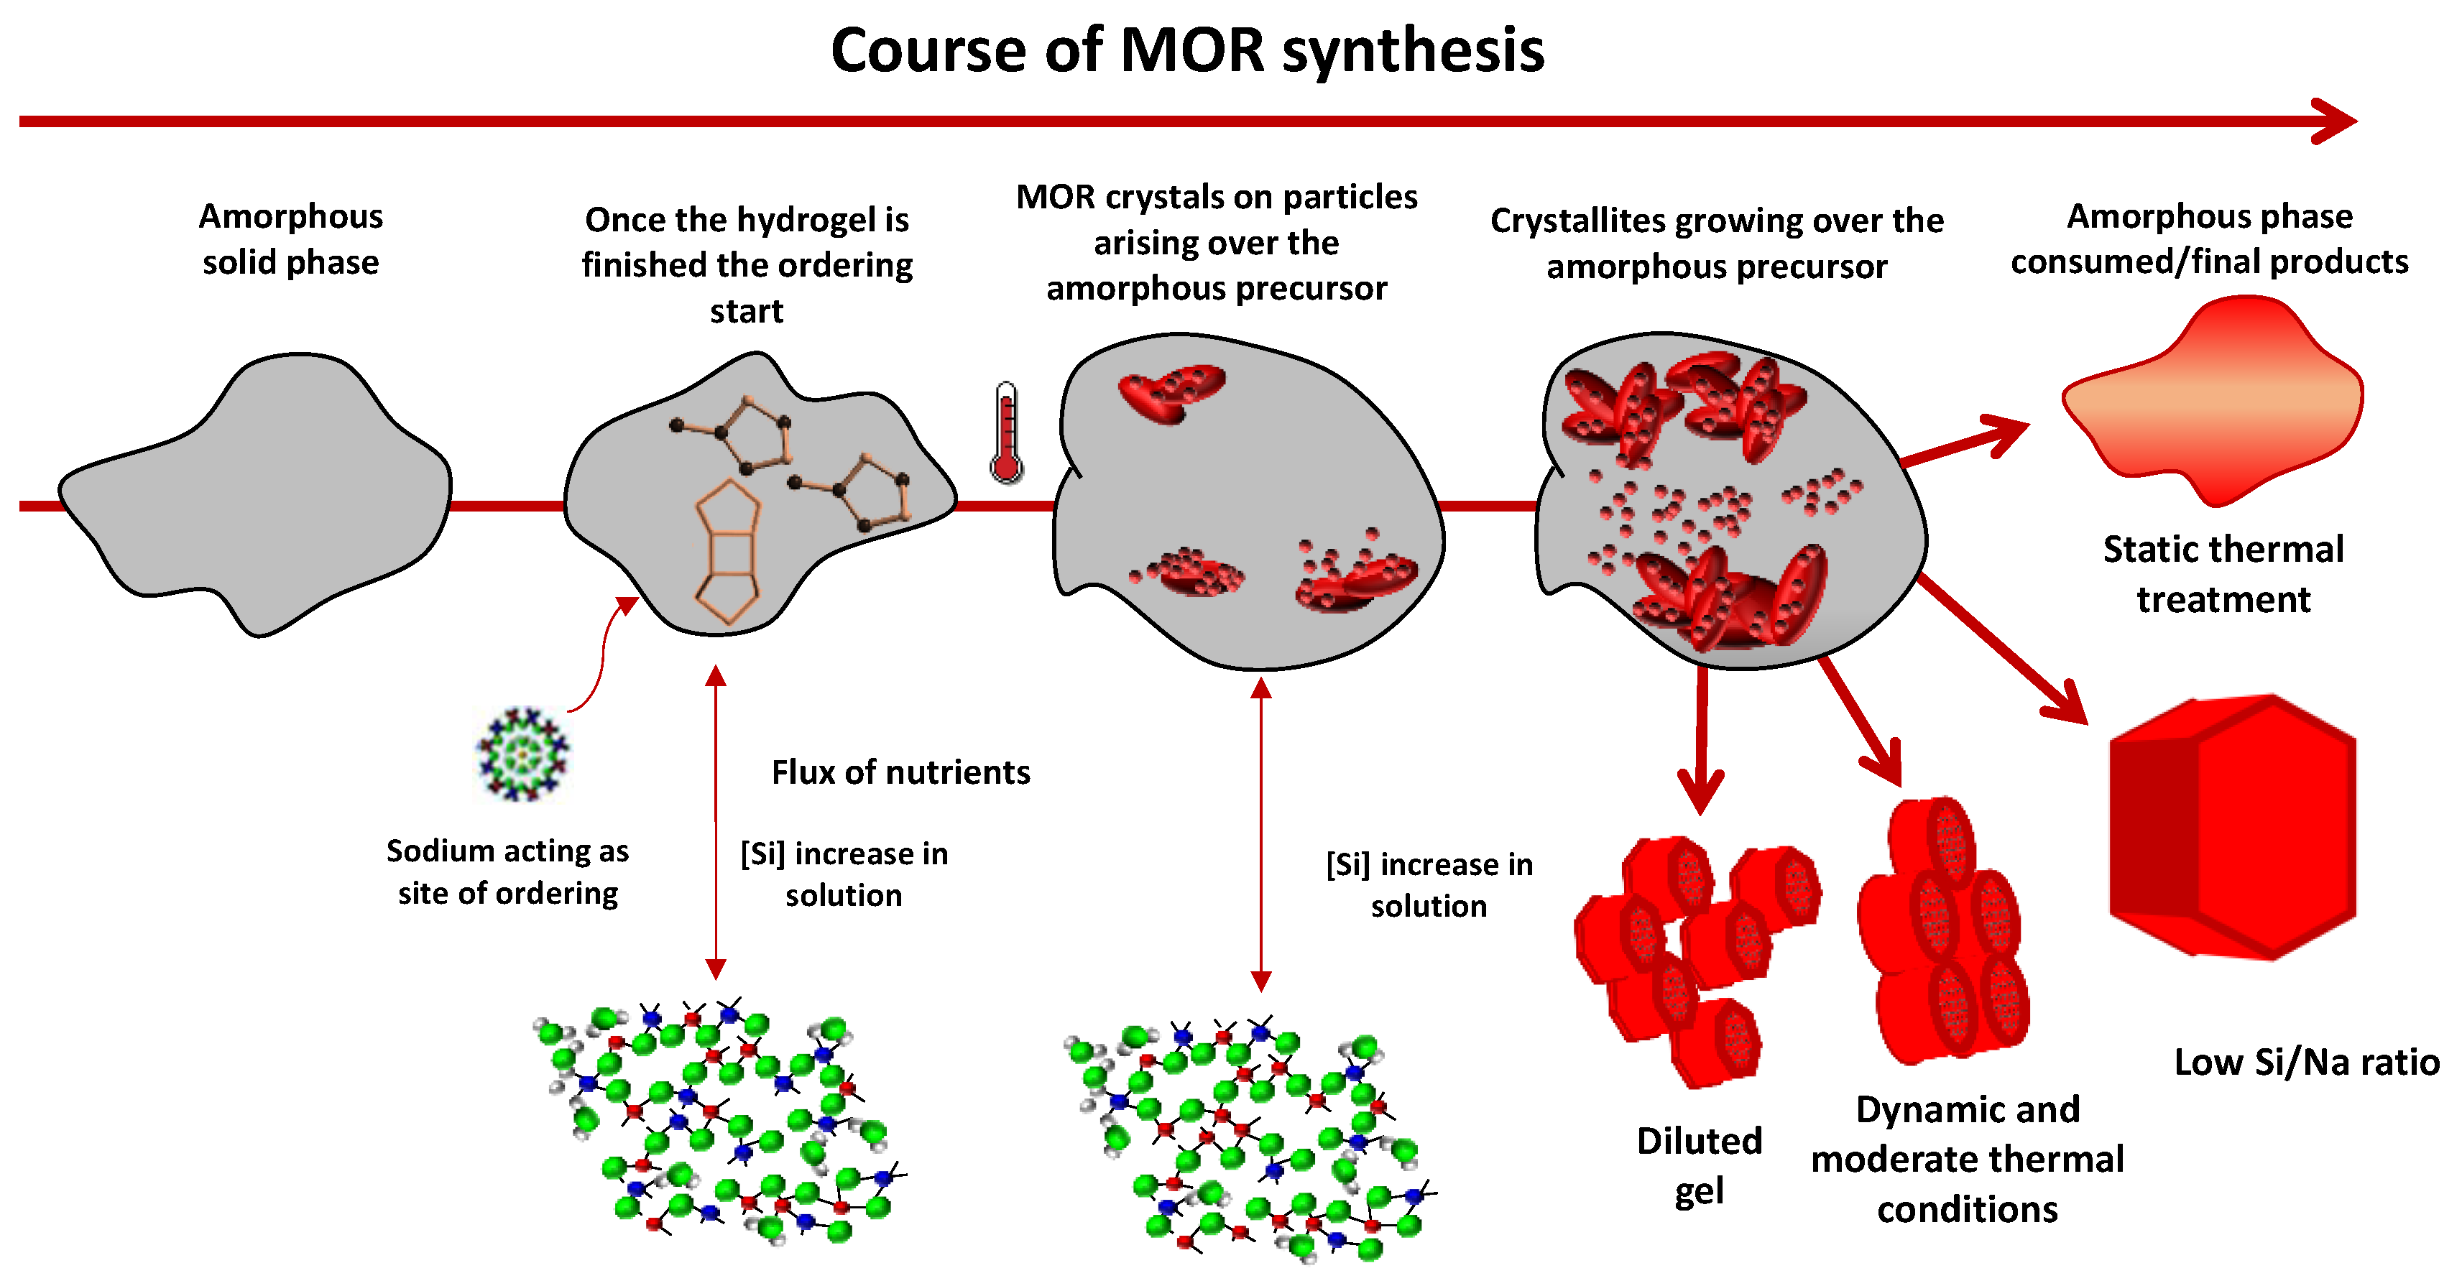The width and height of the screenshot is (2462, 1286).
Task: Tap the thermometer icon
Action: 1005,432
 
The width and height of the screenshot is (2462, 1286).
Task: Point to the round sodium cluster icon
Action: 522,754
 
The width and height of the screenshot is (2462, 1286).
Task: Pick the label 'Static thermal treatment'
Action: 2223,574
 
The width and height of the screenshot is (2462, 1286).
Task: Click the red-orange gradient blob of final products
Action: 2213,402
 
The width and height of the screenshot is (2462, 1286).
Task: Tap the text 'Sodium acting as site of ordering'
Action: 507,871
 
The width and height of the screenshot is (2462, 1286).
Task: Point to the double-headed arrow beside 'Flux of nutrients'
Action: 716,822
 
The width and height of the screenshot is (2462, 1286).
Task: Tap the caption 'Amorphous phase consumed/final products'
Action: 2209,239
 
